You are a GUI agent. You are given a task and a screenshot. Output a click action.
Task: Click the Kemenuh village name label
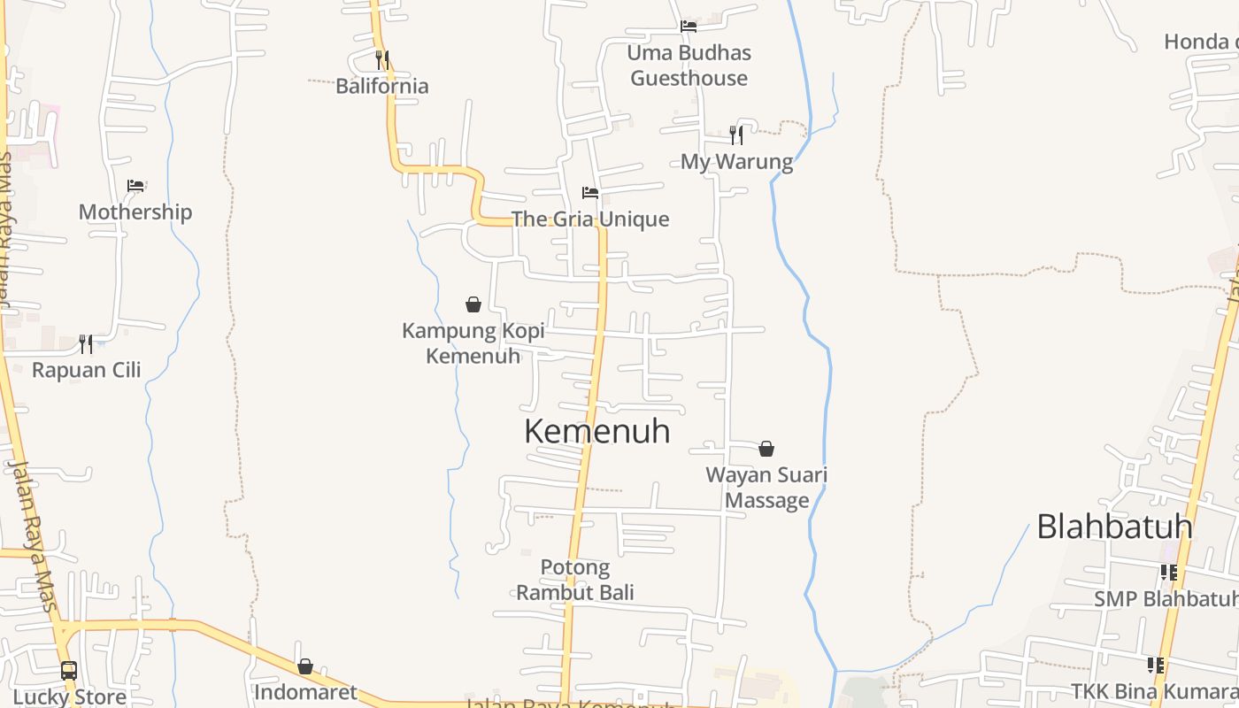click(597, 432)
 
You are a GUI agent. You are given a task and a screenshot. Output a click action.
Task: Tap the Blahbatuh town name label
click(1114, 527)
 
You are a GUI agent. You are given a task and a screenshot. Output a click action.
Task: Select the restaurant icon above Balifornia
click(382, 59)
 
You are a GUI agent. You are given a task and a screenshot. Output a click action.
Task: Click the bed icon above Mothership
click(135, 186)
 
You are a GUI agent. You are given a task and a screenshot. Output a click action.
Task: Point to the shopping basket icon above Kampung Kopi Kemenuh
click(473, 304)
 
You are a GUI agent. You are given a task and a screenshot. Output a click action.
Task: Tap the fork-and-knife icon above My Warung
click(736, 135)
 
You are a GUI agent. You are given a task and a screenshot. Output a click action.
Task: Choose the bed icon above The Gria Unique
click(590, 193)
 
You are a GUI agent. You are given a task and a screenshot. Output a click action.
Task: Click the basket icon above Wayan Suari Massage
click(766, 449)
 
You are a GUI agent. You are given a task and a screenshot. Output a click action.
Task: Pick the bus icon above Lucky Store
click(69, 670)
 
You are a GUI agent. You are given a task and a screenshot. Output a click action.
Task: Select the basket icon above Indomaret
click(305, 666)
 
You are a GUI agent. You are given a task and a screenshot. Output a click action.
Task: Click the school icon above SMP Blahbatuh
click(1169, 573)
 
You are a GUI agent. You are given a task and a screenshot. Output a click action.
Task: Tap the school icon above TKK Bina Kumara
click(1156, 665)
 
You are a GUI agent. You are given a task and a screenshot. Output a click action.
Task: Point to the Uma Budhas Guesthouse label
click(689, 65)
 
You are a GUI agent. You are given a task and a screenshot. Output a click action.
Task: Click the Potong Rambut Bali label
click(575, 580)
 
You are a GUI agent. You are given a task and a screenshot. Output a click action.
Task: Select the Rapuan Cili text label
click(87, 370)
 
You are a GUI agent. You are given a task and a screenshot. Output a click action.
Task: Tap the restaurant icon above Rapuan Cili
click(86, 343)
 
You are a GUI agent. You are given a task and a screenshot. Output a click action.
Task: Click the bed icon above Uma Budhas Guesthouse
click(689, 26)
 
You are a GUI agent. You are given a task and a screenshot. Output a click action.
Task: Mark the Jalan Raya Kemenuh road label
click(571, 704)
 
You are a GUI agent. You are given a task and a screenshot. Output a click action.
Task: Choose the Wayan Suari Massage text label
click(766, 488)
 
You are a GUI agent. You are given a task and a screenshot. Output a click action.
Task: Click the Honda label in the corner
click(1200, 42)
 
